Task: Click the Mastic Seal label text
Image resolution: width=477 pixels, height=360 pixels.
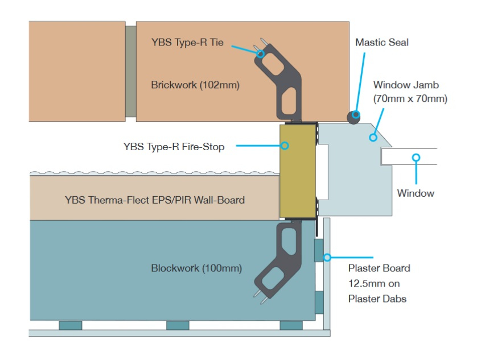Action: coord(382,42)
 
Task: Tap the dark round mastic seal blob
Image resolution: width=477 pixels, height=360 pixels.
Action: coord(355,115)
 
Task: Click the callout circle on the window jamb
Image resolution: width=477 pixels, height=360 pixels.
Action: coord(373,136)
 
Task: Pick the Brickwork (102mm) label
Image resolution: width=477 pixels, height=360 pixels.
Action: coord(195,85)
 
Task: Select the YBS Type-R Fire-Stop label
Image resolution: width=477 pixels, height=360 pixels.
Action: coord(174,147)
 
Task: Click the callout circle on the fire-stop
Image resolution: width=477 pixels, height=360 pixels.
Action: coord(285,146)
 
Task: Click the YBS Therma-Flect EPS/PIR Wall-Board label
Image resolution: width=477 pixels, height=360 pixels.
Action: coord(155,200)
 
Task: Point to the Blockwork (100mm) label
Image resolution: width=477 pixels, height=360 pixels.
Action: coord(196,268)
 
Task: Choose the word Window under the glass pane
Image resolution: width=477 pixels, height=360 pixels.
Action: coord(416,193)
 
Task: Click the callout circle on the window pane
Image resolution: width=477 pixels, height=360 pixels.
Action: coord(416,157)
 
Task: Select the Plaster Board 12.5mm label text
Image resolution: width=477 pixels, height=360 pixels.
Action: coord(379,283)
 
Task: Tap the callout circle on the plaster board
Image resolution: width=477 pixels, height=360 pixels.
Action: coord(327,257)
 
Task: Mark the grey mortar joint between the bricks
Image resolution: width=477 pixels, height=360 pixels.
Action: coord(130,71)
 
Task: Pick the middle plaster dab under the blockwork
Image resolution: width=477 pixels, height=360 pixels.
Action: coord(178,325)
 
